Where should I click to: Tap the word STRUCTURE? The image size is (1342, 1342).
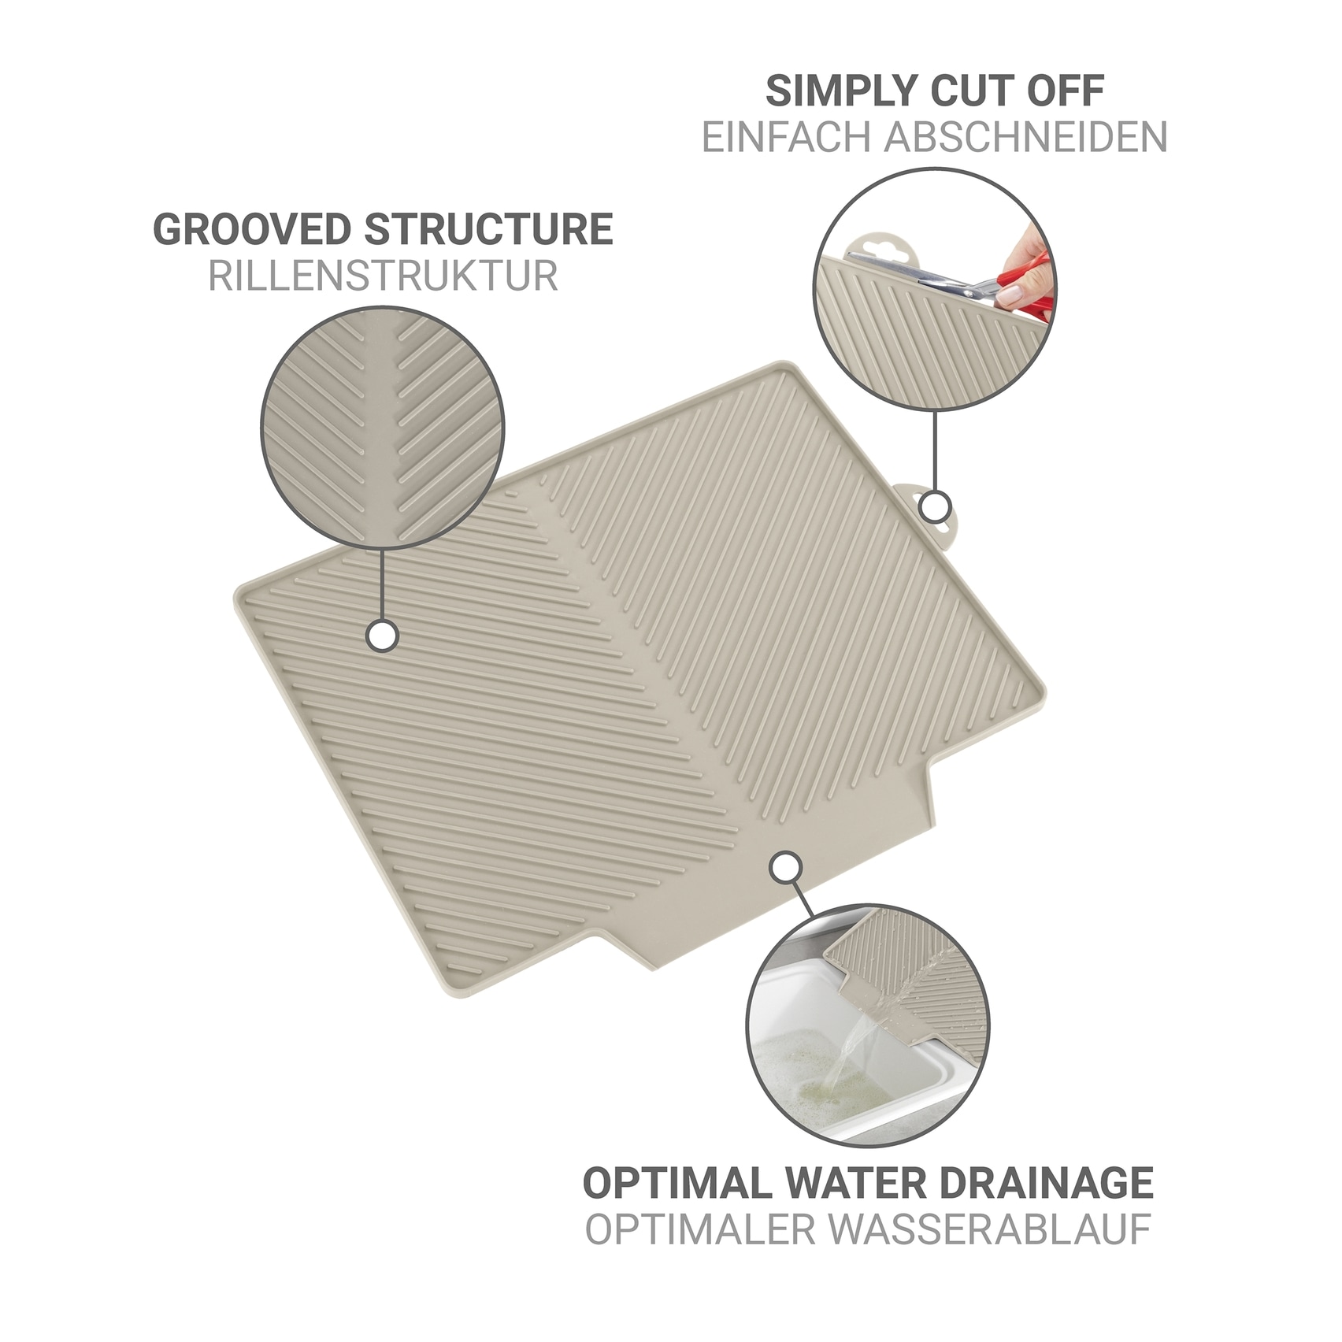click(x=489, y=229)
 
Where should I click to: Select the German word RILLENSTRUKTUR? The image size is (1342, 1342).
click(x=384, y=276)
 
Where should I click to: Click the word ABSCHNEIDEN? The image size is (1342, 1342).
click(x=1026, y=137)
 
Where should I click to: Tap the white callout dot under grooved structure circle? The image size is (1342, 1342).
click(x=382, y=636)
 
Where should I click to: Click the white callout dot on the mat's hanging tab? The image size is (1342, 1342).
click(x=935, y=506)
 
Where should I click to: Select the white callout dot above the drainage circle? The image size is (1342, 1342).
click(x=784, y=867)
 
